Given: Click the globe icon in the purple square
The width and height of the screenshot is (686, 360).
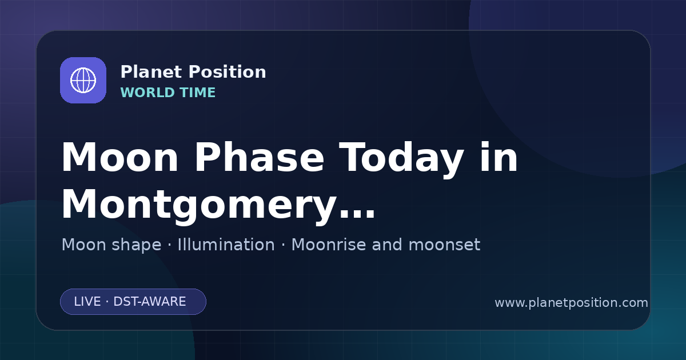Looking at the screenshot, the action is click(x=83, y=80).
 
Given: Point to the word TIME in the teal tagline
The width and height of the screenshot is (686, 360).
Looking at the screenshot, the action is click(x=198, y=93).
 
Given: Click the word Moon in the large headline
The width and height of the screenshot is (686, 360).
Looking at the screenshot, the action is click(x=119, y=158).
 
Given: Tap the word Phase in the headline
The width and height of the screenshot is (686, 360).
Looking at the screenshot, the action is click(x=260, y=157).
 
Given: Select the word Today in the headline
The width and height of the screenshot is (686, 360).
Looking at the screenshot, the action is click(x=401, y=160).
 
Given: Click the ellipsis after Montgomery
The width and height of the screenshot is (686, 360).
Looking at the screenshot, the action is click(x=357, y=214).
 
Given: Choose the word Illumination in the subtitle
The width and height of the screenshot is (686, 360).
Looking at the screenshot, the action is click(x=226, y=245).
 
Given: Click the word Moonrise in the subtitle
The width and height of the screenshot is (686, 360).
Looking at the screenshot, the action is click(x=332, y=245).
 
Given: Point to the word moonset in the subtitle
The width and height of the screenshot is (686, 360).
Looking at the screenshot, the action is click(x=444, y=245).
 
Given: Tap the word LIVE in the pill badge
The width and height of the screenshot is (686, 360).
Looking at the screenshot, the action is click(x=87, y=302).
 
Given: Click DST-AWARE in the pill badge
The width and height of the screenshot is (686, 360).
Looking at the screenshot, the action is click(x=150, y=302).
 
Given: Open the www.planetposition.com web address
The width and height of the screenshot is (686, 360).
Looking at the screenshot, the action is click(x=572, y=303).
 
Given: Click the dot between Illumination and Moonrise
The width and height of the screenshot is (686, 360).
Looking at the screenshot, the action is click(x=284, y=246).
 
